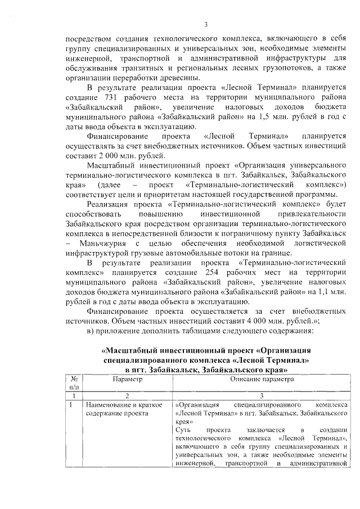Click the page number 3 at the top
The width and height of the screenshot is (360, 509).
pos(205,24)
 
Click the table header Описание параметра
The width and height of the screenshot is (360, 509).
pos(262,380)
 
